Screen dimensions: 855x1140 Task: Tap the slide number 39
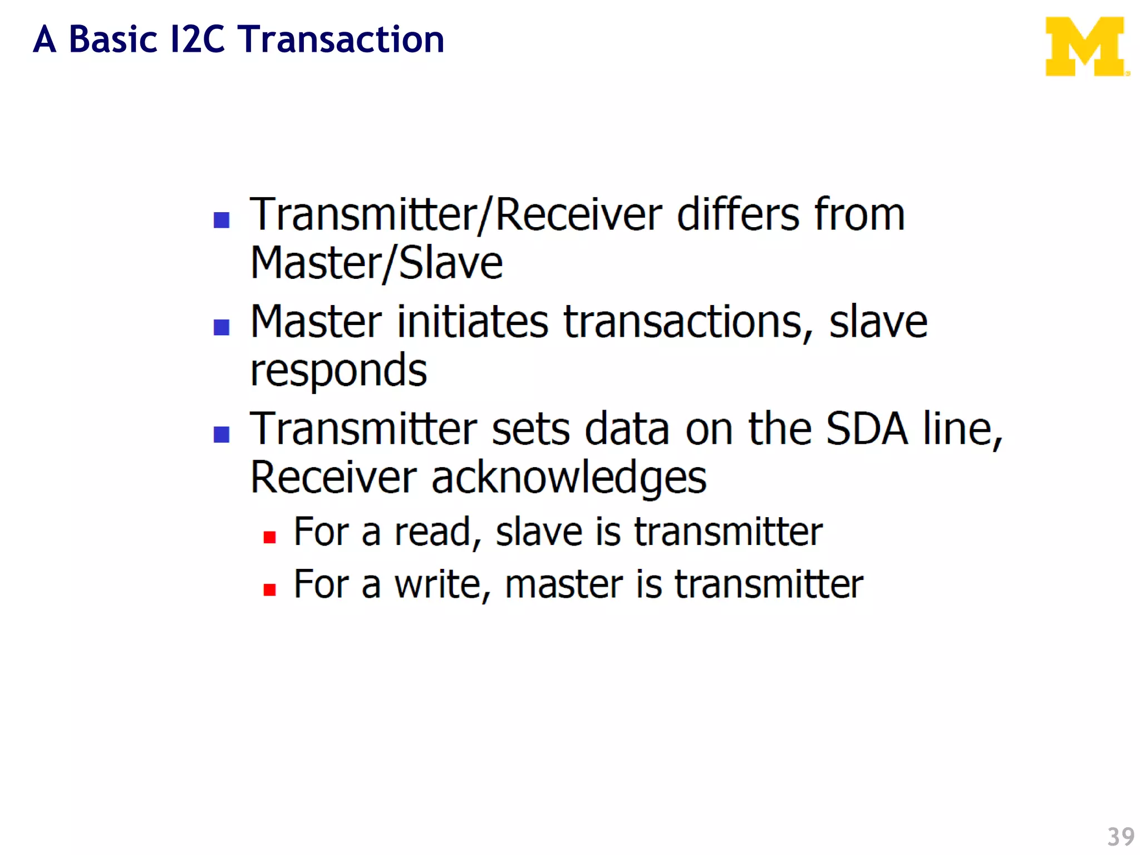tap(1121, 837)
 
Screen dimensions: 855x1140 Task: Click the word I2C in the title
tap(198, 40)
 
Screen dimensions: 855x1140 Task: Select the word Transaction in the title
tap(341, 40)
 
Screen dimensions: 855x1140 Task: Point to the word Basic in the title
tap(113, 40)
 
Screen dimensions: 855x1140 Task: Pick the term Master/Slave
tap(377, 263)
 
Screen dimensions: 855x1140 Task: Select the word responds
tap(338, 371)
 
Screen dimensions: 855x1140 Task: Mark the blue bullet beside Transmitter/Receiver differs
tap(222, 220)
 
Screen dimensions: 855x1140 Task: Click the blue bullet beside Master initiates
tap(222, 327)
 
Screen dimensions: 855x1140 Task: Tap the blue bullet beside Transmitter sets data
tap(222, 434)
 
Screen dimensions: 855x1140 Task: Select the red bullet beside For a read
tap(270, 537)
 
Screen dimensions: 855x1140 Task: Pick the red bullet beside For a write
tap(270, 589)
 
